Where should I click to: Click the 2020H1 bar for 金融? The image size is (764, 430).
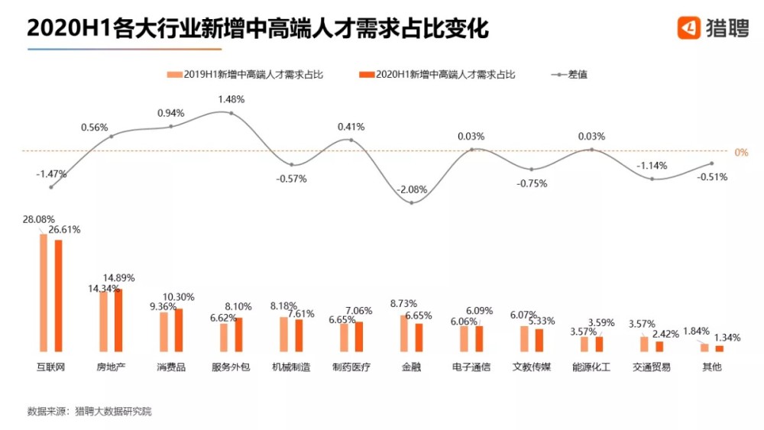419,337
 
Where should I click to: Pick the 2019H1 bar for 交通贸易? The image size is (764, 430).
644,344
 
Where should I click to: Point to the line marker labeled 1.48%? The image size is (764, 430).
231,114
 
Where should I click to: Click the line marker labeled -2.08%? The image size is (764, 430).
411,202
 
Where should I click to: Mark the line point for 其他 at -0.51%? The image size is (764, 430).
712,163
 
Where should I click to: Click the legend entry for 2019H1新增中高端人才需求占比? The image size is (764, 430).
245,75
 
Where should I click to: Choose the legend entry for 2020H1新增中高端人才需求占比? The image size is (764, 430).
437,75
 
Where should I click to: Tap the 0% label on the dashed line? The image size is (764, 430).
740,152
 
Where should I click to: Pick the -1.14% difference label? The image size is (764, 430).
652,165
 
